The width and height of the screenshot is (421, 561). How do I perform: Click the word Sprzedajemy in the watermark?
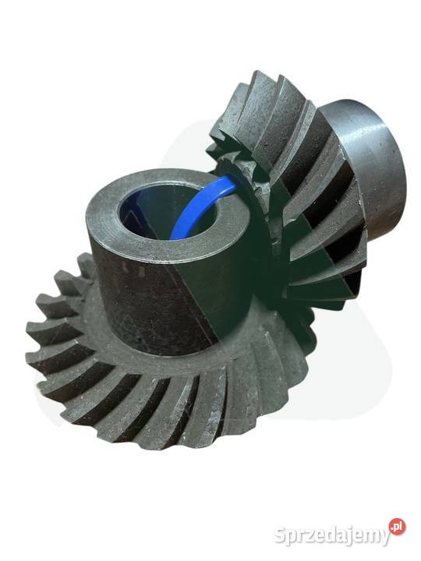(332, 535)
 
